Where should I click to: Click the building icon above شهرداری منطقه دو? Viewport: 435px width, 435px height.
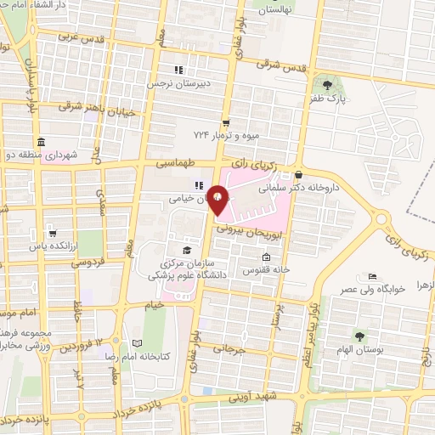(40, 142)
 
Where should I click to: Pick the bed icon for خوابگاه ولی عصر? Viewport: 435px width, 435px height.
(371, 277)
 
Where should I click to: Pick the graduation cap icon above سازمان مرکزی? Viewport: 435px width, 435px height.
(186, 249)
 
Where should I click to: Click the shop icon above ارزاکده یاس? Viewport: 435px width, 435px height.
(53, 232)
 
